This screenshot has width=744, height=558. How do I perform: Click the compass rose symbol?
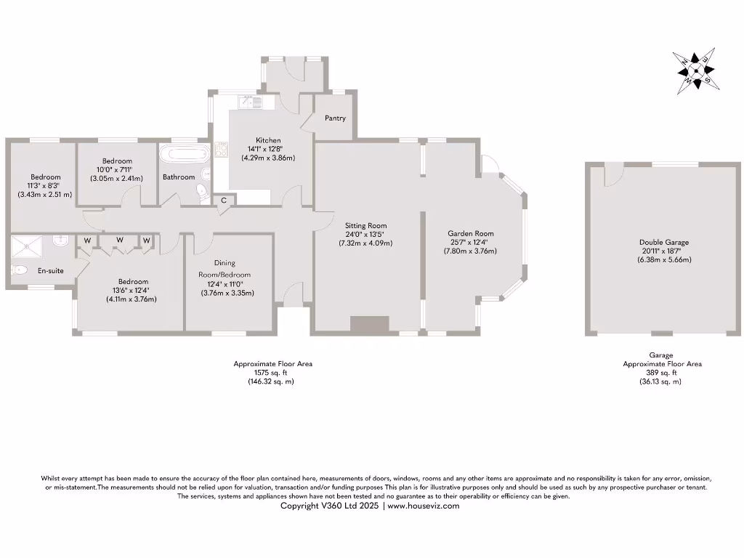tap(697, 70)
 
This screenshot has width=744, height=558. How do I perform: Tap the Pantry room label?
tap(335, 118)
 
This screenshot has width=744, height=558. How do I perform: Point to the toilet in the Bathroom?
tap(202, 192)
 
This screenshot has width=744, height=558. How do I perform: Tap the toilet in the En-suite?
tap(20, 270)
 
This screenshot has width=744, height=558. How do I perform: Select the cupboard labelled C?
tap(224, 201)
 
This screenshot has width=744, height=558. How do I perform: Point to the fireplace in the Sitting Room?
tap(369, 325)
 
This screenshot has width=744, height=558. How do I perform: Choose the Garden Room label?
tap(470, 234)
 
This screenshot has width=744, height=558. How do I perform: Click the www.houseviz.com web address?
tap(423, 506)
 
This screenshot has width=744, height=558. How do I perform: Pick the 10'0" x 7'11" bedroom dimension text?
tap(117, 169)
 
